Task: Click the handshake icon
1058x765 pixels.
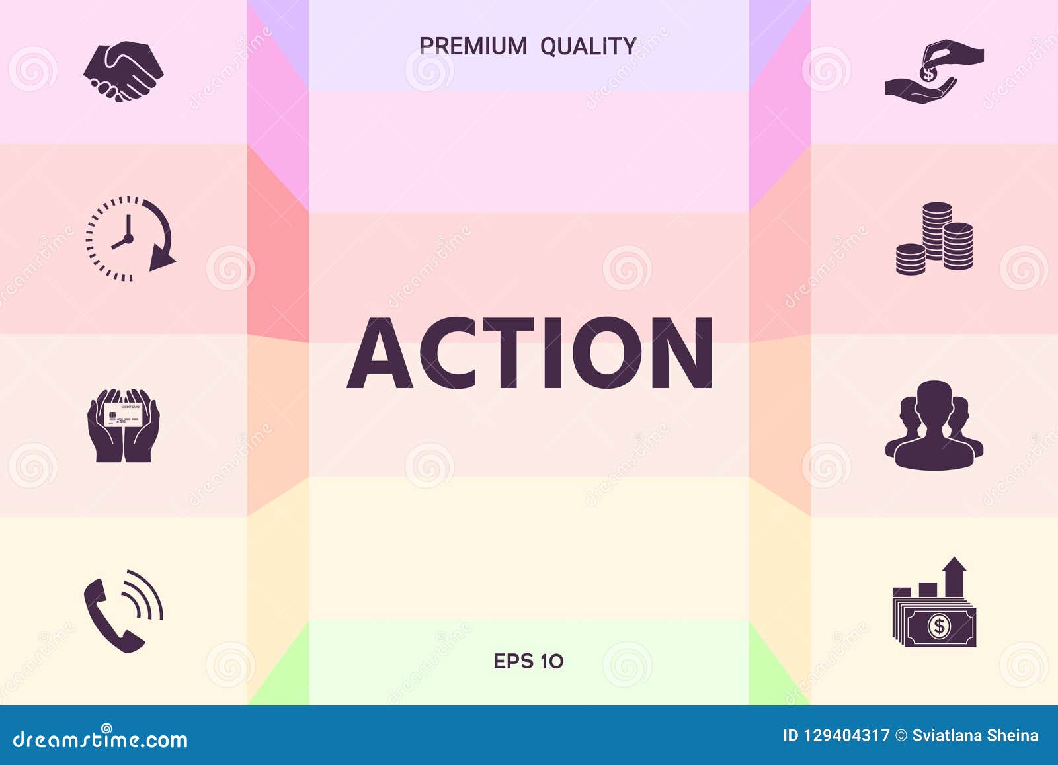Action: (123, 71)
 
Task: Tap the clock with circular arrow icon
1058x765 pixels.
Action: (130, 239)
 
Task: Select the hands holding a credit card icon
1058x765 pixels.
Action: (123, 425)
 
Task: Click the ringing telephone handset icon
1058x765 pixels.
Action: (123, 612)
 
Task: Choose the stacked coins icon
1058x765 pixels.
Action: (934, 239)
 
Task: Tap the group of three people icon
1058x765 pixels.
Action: (934, 425)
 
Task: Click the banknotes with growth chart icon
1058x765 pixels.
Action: (934, 603)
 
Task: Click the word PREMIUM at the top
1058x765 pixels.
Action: (473, 46)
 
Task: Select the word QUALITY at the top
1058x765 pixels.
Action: (588, 46)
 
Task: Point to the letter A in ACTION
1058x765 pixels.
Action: (380, 354)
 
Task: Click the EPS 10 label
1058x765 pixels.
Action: (528, 661)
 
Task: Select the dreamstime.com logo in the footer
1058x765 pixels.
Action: (101, 739)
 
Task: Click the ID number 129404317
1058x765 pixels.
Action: (846, 735)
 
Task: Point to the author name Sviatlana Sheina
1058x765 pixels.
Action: (975, 735)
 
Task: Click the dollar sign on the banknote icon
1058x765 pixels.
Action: (939, 625)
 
